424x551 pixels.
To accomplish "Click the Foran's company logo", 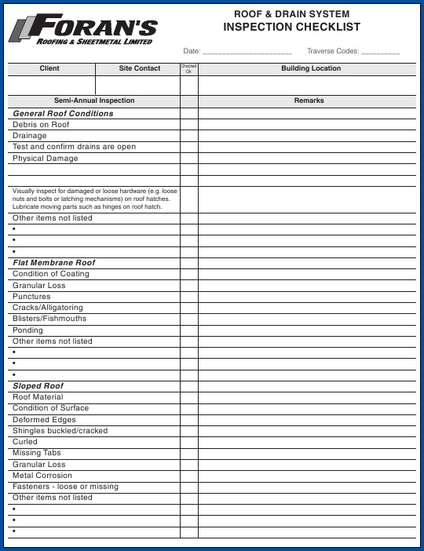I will tap(82, 31).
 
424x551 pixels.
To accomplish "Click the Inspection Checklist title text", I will tap(291, 27).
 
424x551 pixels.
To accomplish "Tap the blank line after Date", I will tap(247, 51).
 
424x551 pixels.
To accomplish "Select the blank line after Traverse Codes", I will tap(380, 51).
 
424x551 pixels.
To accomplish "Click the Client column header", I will tap(49, 69).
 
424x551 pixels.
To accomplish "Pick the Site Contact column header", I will tap(140, 69).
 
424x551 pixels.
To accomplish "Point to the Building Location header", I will tap(310, 69).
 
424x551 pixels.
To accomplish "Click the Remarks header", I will tap(309, 101).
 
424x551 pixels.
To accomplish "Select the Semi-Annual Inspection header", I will tap(94, 101).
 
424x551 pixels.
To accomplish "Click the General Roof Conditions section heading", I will tap(63, 114).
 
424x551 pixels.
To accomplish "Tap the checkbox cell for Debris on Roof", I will tap(189, 125).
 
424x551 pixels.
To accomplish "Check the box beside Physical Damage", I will tap(189, 159).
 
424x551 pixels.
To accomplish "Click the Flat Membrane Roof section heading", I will tap(53, 263).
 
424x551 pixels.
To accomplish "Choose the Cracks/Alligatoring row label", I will tap(47, 308).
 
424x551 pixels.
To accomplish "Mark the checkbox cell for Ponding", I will tap(189, 330).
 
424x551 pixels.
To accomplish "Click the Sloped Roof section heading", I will tap(38, 386).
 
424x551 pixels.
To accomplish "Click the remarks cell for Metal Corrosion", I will tap(309, 476).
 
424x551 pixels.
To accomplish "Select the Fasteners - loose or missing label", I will tap(65, 487).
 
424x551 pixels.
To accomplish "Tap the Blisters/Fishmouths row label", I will tap(49, 319).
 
